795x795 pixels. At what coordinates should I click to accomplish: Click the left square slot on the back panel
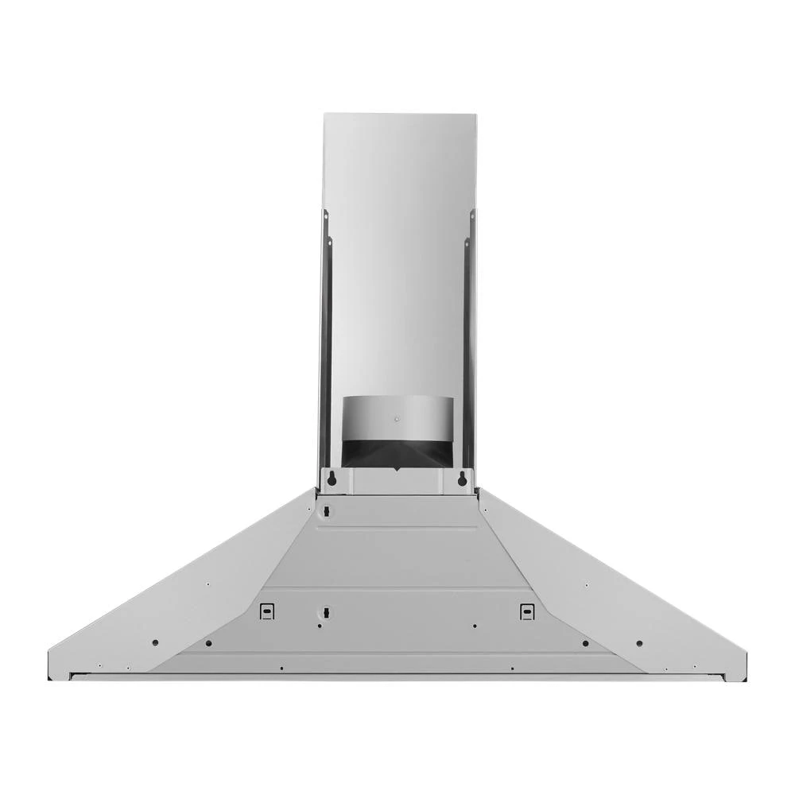pos(268,611)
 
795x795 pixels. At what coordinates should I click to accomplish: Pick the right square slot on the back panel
pos(526,611)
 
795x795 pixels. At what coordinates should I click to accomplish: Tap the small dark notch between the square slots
pos(324,612)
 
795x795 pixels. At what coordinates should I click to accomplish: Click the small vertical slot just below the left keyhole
pos(324,510)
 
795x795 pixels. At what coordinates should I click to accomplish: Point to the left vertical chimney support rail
pos(324,342)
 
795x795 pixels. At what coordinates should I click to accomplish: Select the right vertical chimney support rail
pos(470,342)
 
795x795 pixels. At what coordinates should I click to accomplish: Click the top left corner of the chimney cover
pos(324,114)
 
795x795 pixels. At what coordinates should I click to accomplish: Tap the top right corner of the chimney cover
pos(475,114)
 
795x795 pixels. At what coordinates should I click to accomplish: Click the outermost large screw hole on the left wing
pos(155,642)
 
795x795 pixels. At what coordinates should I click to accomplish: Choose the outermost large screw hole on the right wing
pos(639,642)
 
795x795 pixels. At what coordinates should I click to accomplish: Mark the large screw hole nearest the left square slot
pos(208,642)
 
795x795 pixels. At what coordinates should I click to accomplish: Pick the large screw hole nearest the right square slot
pos(585,642)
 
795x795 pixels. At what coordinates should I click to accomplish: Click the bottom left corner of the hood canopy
pos(49,677)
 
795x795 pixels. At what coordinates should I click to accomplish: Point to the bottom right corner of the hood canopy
pos(746,677)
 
